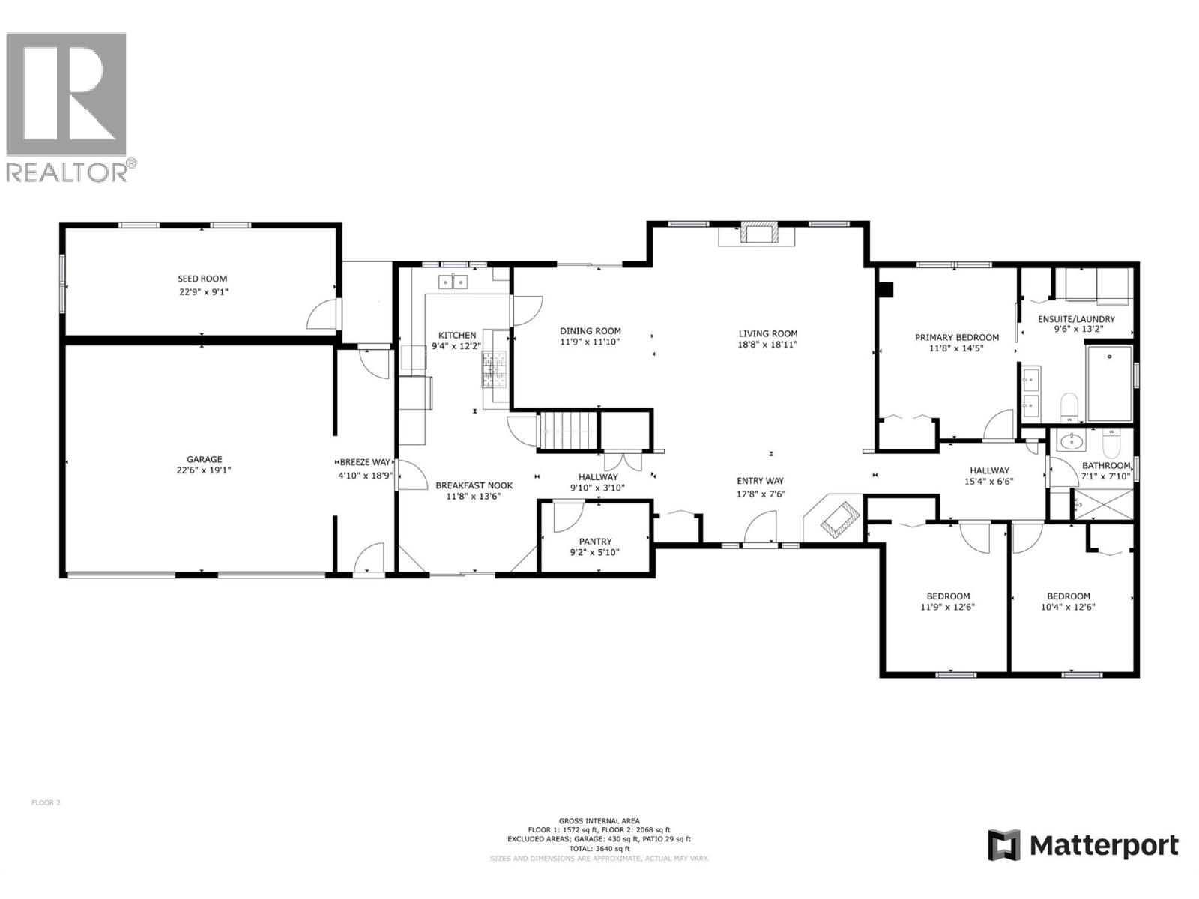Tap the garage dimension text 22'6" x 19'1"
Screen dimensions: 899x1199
[x=205, y=471]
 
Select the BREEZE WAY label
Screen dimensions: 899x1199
[x=365, y=462]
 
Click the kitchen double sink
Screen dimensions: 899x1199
[x=453, y=282]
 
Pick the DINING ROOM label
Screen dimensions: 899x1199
[x=591, y=331]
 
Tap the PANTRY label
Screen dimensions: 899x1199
[x=595, y=541]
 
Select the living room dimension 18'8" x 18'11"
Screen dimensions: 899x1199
[x=767, y=345]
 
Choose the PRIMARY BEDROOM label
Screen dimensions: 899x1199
[x=956, y=337]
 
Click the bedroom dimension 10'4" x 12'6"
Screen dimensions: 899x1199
[x=1068, y=608]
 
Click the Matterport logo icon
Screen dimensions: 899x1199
[x=1004, y=845]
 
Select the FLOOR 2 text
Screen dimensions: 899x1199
[x=46, y=802]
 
